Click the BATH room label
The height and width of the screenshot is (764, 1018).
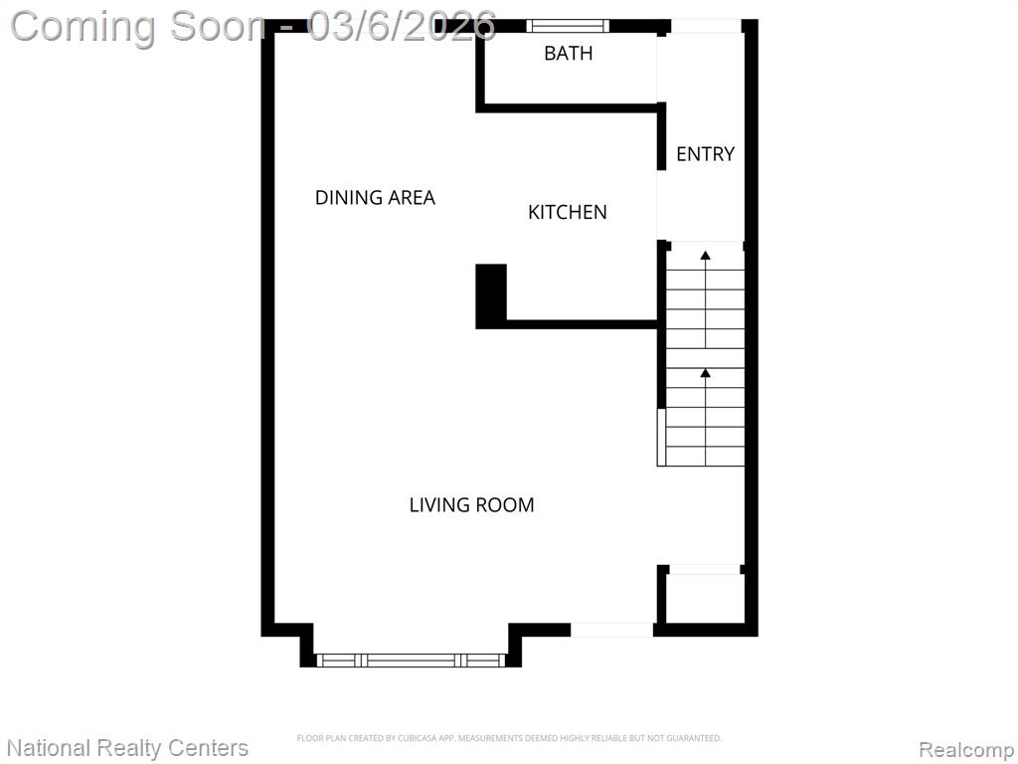click(568, 53)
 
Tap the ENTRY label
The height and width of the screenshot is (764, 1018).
click(705, 154)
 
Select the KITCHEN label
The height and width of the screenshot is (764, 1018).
click(568, 212)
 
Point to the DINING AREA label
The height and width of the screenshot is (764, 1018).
click(375, 198)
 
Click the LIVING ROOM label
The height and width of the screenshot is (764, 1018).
click(471, 504)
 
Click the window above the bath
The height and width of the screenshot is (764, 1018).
click(568, 26)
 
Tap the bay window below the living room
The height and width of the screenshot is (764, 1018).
click(411, 661)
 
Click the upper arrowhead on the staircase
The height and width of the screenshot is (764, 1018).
click(705, 256)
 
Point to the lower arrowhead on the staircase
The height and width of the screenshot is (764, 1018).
click(705, 373)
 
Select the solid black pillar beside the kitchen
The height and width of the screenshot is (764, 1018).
click(491, 295)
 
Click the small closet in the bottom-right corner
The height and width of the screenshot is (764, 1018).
click(705, 599)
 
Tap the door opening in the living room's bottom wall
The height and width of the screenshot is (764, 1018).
click(611, 630)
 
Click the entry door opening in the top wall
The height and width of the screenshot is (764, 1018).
click(706, 26)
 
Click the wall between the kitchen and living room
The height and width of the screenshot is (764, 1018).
click(582, 324)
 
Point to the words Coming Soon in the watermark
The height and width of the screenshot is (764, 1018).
click(138, 27)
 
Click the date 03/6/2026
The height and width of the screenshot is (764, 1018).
click(402, 26)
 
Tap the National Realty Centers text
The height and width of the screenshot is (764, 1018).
click(128, 748)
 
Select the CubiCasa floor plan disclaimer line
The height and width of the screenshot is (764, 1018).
click(509, 738)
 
